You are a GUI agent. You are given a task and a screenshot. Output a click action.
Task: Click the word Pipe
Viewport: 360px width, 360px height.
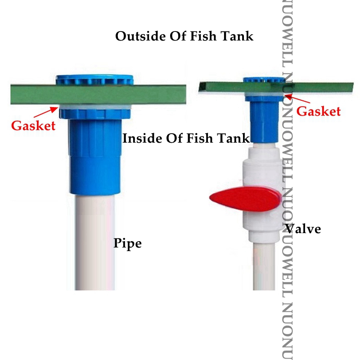click(127, 243)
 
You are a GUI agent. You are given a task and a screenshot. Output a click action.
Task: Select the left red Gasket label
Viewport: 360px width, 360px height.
click(33, 125)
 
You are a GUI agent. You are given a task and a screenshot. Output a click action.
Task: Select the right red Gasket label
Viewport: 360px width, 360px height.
click(319, 111)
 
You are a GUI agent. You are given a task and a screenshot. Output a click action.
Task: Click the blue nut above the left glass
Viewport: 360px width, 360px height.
click(94, 80)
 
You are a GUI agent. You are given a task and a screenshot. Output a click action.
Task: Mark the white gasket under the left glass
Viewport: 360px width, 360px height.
click(94, 107)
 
